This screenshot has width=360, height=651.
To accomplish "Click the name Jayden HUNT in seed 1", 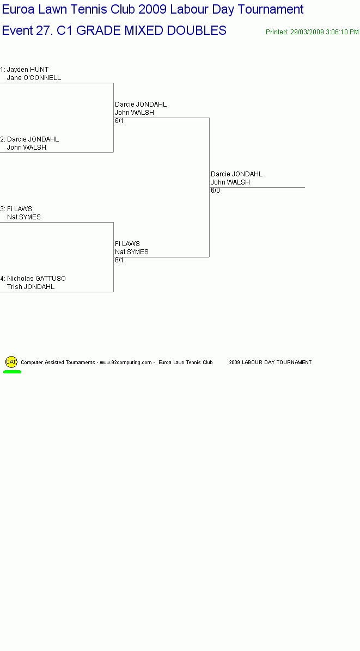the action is click(x=28, y=70).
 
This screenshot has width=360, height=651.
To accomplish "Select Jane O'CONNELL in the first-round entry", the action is click(x=34, y=78).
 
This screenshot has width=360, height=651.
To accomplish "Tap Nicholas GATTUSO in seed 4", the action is click(x=36, y=279).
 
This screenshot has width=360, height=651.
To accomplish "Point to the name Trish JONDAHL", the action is click(x=30, y=287).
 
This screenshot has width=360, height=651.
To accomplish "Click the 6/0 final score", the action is click(x=215, y=191).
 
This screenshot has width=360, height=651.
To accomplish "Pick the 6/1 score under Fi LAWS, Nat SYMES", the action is click(x=119, y=260).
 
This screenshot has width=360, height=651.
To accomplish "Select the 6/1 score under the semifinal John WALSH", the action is click(x=119, y=121).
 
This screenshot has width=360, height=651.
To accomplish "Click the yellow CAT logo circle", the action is click(x=11, y=362).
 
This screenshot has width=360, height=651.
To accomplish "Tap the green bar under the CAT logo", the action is click(x=12, y=372).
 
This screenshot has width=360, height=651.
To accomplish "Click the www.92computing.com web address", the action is click(x=126, y=363).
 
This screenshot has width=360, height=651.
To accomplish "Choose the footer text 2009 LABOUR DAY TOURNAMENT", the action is click(x=270, y=363).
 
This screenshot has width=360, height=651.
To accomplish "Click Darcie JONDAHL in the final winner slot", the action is click(x=237, y=174).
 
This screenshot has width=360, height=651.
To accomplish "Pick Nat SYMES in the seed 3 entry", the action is click(x=23, y=217).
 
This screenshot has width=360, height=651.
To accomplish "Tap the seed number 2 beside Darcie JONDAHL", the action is click(x=2, y=139).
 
